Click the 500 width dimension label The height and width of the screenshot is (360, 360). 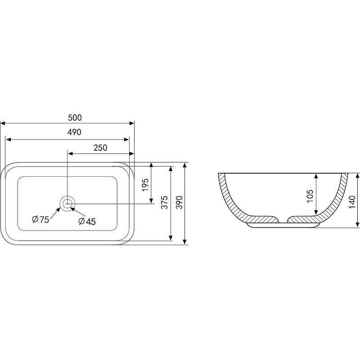[x=75, y=117]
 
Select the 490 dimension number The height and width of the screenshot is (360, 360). [x=74, y=132]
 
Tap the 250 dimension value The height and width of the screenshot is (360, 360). [x=100, y=148]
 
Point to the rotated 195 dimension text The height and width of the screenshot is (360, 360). [x=145, y=185]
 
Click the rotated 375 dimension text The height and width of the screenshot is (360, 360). [x=165, y=202]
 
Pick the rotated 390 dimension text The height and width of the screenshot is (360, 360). [x=179, y=202]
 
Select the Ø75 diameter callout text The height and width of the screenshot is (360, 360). [x=40, y=220]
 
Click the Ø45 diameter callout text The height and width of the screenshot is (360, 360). [x=87, y=221]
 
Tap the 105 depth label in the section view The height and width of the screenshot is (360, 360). [x=310, y=196]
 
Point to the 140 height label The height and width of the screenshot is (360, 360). [x=352, y=202]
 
